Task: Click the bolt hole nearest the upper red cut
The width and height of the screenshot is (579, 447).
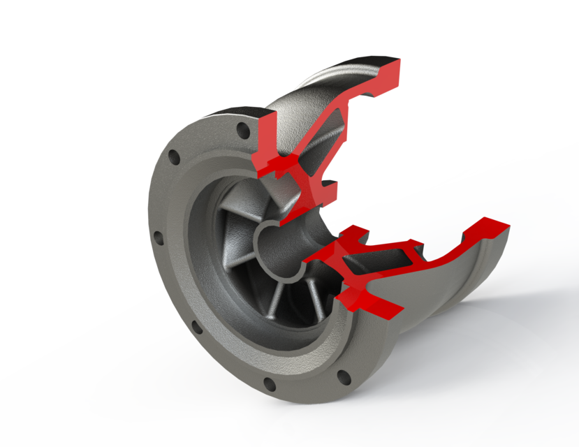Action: tap(242, 131)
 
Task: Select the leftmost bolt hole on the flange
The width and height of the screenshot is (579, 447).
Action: tap(156, 237)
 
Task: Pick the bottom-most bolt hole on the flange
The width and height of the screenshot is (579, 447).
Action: tap(267, 383)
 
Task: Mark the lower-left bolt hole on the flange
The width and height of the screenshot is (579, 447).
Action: tap(194, 328)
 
